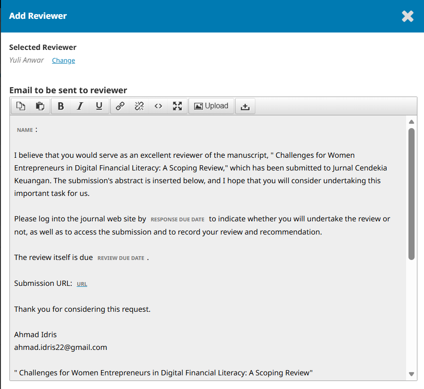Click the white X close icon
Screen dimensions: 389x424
[x=408, y=16]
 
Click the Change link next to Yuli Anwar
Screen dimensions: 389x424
[x=63, y=60]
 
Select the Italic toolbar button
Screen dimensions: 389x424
[x=80, y=106]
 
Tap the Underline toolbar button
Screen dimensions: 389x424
[x=99, y=106]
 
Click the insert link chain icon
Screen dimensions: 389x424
[x=120, y=106]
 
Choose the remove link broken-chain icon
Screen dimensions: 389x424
[x=139, y=106]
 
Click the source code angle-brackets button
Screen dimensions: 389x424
[x=158, y=106]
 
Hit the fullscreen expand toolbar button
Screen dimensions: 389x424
[x=177, y=106]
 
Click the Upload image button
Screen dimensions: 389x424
[x=211, y=106]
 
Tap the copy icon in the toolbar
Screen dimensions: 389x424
[x=21, y=106]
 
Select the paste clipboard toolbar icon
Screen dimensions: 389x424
[x=40, y=106]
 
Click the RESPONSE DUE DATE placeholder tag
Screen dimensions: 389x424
[x=177, y=219]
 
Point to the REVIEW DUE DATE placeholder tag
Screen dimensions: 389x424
[x=121, y=258]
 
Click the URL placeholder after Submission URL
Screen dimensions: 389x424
[x=82, y=284]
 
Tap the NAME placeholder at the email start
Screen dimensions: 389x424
[x=25, y=130]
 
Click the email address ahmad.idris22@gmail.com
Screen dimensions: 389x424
[x=61, y=348]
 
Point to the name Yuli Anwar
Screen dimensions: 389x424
[x=26, y=60]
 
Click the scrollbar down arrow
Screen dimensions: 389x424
[x=411, y=374]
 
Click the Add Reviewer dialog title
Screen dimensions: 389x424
[x=38, y=16]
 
